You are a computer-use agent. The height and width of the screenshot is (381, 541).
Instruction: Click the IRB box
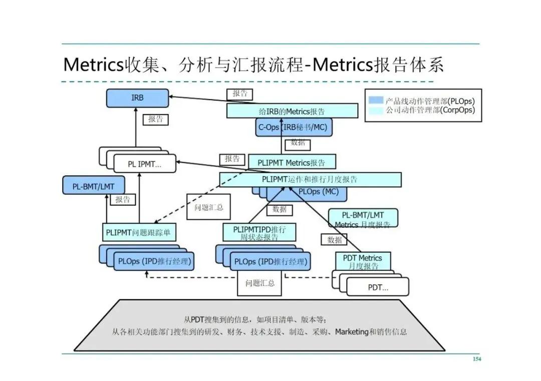[137, 98]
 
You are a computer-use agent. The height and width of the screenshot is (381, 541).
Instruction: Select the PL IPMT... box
[145, 164]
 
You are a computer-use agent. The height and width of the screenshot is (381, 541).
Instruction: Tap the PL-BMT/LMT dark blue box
[93, 187]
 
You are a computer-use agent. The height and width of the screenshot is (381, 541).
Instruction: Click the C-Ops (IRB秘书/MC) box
[293, 128]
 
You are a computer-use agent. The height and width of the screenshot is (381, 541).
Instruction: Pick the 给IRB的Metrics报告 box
[292, 111]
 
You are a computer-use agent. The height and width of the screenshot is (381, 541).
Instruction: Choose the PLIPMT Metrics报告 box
[292, 162]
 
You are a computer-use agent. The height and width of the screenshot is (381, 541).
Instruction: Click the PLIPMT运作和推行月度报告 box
[310, 179]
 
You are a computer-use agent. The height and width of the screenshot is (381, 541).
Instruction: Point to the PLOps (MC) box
[319, 192]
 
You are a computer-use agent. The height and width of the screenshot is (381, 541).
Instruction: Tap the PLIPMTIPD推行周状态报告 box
[259, 233]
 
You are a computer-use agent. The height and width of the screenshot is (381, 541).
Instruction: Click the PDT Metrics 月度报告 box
[363, 262]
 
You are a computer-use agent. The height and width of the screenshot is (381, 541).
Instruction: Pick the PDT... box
[378, 287]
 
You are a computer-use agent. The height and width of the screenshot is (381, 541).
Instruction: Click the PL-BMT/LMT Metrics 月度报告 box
[363, 218]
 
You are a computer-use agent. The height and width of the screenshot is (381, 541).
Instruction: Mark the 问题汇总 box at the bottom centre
[260, 283]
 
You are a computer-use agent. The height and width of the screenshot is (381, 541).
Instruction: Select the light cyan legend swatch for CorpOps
[376, 110]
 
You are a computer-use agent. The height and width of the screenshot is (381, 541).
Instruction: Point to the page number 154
[476, 359]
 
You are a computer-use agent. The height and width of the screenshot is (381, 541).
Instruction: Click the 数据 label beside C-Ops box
[298, 143]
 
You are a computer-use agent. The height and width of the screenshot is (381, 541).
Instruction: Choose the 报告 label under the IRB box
[155, 120]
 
